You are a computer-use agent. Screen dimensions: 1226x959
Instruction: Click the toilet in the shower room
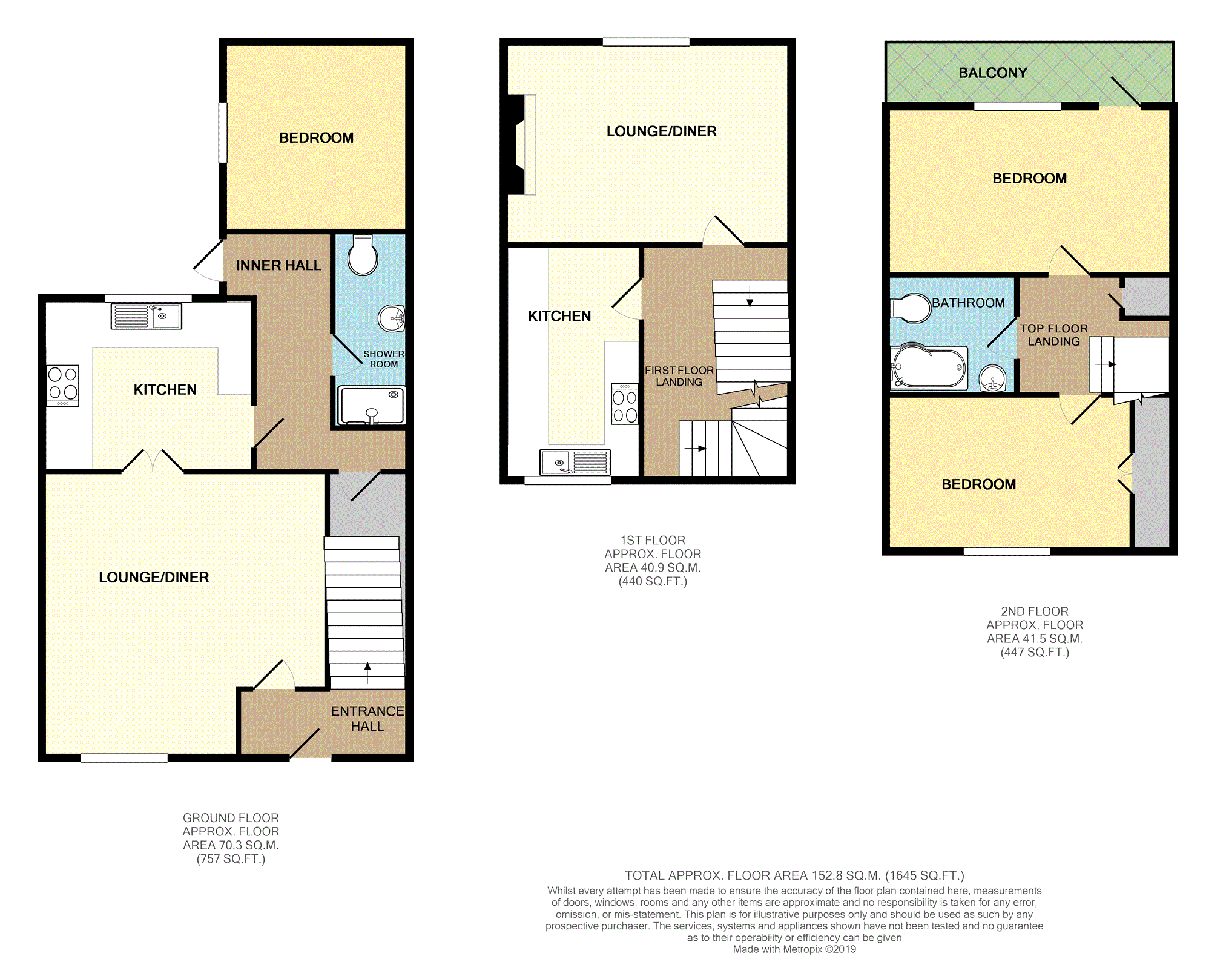(363, 255)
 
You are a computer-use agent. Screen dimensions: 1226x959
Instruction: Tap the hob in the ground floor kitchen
(63, 386)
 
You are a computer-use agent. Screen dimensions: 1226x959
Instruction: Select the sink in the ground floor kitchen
(146, 316)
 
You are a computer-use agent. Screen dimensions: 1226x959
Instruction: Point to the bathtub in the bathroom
(929, 367)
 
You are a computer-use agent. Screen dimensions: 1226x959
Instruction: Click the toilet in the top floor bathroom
(910, 308)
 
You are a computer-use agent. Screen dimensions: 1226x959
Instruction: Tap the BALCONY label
(993, 73)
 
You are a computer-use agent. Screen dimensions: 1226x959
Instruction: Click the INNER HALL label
(278, 265)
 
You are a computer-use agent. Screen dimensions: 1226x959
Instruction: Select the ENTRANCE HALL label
(367, 719)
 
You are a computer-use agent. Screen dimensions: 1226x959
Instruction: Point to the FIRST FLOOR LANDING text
(679, 376)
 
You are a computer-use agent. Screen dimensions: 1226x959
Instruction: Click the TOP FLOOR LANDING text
(1054, 335)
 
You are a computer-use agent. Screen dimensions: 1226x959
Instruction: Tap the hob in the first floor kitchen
(625, 404)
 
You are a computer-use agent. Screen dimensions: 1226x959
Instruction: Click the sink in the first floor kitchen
(575, 463)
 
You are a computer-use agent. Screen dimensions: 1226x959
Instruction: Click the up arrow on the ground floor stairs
(367, 673)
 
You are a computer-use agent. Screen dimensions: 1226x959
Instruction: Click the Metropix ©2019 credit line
(794, 949)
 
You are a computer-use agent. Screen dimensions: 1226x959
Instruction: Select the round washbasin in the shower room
(392, 318)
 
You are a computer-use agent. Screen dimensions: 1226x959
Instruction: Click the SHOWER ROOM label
(384, 359)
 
